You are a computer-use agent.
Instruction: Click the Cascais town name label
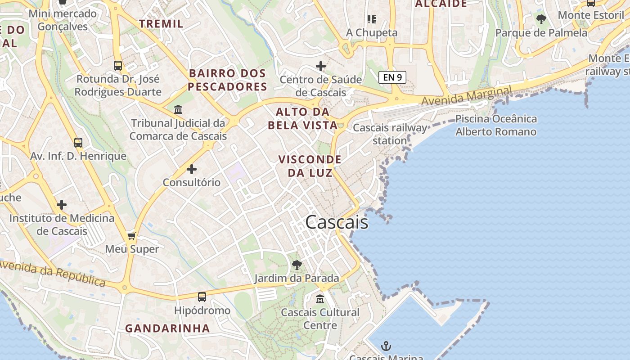coord(337,222)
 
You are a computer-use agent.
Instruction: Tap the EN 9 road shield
coord(392,77)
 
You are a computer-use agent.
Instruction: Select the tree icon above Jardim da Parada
coord(297,265)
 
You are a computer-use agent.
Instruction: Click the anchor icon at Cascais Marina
coord(386,346)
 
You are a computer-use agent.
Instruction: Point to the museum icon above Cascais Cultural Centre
coord(320,298)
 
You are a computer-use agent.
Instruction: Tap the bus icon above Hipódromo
coord(202,297)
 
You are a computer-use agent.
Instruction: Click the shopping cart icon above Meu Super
coord(132,236)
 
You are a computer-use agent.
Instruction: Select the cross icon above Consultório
coord(192,169)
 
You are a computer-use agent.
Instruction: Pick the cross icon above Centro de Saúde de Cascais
coord(321,67)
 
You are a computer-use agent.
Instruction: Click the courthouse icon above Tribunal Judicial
coord(178,109)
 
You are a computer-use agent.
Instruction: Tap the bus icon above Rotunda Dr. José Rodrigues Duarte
coord(118,66)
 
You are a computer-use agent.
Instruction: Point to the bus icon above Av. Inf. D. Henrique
coord(78,143)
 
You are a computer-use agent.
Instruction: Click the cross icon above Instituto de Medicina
coord(62,205)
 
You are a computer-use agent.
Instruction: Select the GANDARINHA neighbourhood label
coord(167,328)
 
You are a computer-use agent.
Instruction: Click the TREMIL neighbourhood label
coord(161,24)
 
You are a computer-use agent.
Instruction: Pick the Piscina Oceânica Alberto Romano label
coord(496,125)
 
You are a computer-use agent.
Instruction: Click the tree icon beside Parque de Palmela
coord(541,19)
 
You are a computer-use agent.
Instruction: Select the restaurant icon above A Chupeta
coord(371,19)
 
